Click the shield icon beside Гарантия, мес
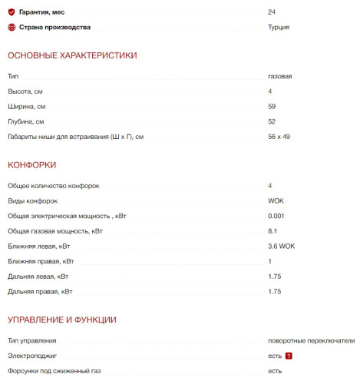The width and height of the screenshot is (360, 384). click(x=12, y=12)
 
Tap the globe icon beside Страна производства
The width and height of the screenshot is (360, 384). click(x=12, y=27)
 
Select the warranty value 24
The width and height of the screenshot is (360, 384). click(x=272, y=12)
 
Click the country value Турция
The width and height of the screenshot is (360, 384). click(x=279, y=27)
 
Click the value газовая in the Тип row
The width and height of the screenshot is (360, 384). click(x=279, y=77)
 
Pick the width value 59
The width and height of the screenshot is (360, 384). click(x=272, y=106)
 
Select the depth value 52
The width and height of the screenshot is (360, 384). click(x=272, y=121)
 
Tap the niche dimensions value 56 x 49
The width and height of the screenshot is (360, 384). click(x=279, y=136)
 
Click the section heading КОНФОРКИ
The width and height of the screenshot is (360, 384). click(x=31, y=164)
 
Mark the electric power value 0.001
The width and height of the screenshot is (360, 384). click(x=276, y=216)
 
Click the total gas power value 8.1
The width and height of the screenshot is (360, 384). click(x=272, y=230)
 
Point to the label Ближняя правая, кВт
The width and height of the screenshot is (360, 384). click(x=41, y=261)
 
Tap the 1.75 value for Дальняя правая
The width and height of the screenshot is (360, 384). click(x=275, y=291)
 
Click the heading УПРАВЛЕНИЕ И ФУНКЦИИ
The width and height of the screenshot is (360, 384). click(x=61, y=319)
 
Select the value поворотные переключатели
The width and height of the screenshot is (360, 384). click(x=311, y=340)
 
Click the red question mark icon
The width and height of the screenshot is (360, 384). click(x=289, y=356)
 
